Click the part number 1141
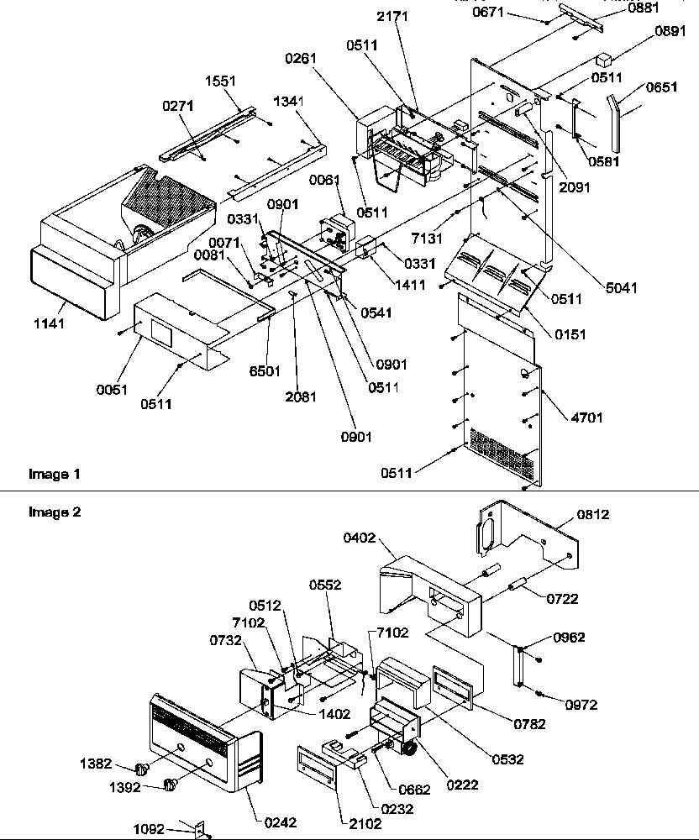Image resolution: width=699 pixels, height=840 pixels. (50, 323)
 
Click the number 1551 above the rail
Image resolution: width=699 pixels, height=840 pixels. (220, 81)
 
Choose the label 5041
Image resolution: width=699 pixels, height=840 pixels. (620, 288)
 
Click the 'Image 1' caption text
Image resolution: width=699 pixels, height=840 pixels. (55, 475)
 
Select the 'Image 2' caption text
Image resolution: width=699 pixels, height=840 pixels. (55, 511)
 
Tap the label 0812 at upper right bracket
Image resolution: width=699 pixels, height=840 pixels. (593, 513)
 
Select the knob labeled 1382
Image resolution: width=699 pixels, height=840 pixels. (141, 767)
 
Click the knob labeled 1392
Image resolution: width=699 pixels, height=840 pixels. (171, 786)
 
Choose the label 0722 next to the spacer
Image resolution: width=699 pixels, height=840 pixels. (561, 599)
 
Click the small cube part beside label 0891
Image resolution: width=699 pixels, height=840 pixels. (602, 61)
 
